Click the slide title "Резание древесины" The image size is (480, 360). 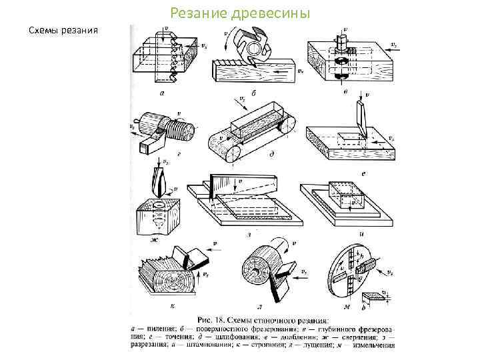pyautogui.click(x=239, y=13)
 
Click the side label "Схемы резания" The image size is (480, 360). pyautogui.click(x=63, y=31)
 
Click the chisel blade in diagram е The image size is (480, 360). pyautogui.click(x=361, y=121)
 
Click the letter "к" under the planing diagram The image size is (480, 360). pyautogui.click(x=172, y=305)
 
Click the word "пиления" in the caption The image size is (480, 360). pyautogui.click(x=159, y=328)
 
